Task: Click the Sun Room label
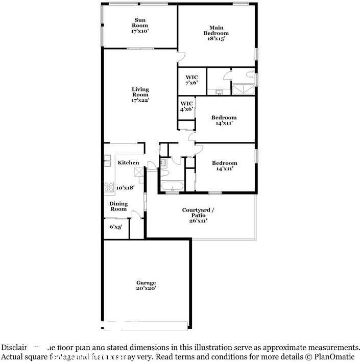pyautogui.click(x=140, y=25)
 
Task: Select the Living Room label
pyautogui.click(x=140, y=95)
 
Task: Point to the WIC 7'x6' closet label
pyautogui.click(x=191, y=80)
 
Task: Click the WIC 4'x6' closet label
pyautogui.click(x=186, y=106)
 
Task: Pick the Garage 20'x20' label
pyautogui.click(x=146, y=285)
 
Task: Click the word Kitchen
pyautogui.click(x=128, y=163)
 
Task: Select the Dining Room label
pyautogui.click(x=118, y=206)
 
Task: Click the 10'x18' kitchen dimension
pyautogui.click(x=125, y=188)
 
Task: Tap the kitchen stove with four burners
pyautogui.click(x=109, y=187)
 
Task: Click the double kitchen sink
pyautogui.click(x=108, y=161)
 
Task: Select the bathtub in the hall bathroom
pyautogui.click(x=172, y=186)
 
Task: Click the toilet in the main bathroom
pyautogui.click(x=250, y=75)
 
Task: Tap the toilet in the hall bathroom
pyautogui.click(x=163, y=164)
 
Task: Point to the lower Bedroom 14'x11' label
pyautogui.click(x=225, y=166)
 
